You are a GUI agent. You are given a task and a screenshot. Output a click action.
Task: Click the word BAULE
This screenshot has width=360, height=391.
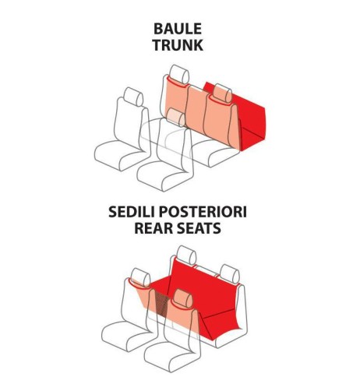[178, 29]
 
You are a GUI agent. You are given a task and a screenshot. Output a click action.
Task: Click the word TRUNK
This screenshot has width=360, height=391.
[178, 45]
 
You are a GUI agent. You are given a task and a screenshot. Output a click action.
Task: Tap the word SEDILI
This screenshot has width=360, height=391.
[132, 212]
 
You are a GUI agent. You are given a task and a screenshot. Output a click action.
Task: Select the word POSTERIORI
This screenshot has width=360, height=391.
[203, 212]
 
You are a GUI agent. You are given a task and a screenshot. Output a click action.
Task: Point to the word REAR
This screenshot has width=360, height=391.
[151, 228]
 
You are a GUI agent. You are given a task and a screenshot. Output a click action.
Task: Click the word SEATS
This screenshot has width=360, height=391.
[196, 228]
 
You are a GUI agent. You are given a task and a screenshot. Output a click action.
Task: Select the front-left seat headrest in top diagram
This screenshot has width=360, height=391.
[133, 97]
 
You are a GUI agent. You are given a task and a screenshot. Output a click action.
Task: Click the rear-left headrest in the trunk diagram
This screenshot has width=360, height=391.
[179, 74]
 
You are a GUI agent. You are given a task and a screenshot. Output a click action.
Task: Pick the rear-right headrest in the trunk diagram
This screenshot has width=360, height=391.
[222, 93]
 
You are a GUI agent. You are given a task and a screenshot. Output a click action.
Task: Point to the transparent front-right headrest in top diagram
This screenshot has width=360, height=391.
[175, 118]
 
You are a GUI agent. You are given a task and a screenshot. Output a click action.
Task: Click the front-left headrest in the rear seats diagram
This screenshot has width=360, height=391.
[140, 278]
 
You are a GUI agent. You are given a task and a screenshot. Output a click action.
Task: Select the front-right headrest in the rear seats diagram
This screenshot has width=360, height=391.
[183, 299]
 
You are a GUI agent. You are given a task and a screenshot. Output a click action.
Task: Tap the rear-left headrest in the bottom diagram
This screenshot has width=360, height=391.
[186, 255]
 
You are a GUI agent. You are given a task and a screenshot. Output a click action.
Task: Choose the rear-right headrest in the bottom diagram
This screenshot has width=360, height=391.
[229, 274]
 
